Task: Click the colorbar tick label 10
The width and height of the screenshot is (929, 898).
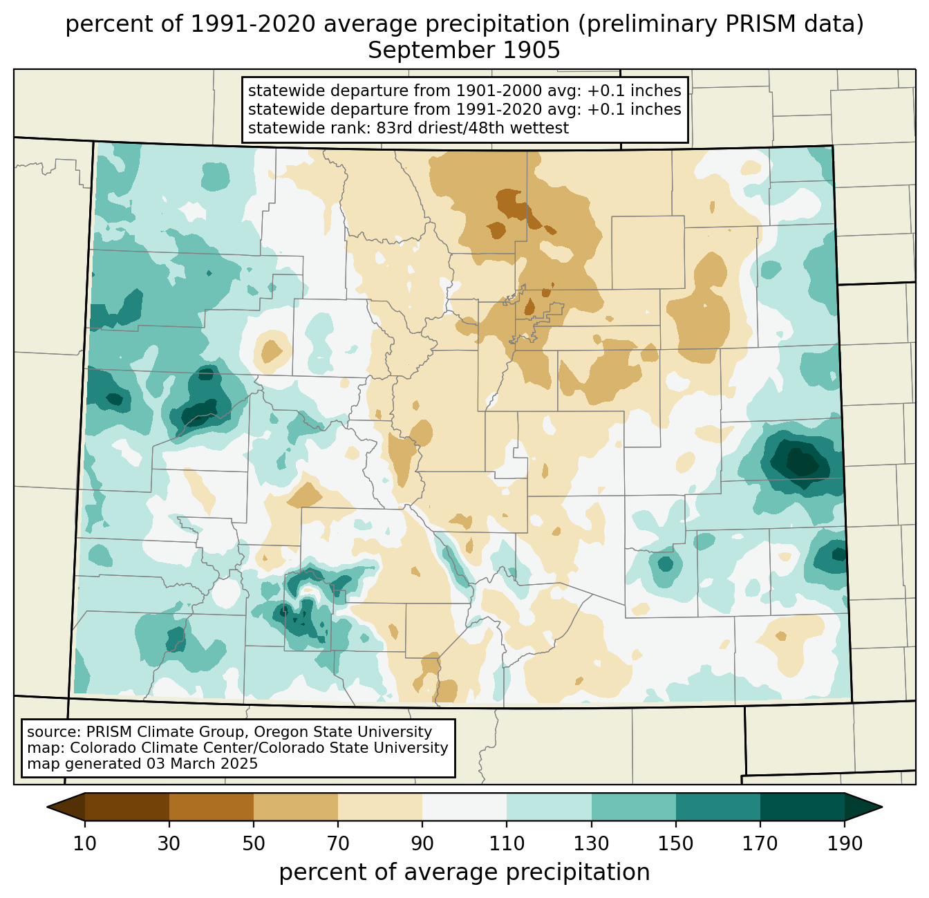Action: [84, 843]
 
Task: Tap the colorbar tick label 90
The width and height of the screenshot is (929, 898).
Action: [422, 843]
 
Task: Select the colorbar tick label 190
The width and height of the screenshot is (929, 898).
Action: [845, 843]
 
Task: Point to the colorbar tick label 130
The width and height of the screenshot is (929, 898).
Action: [591, 843]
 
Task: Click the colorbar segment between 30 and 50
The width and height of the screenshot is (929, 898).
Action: [212, 807]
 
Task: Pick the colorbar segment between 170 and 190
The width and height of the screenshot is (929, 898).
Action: [803, 807]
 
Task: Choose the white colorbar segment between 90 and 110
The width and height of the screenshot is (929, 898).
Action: [464, 807]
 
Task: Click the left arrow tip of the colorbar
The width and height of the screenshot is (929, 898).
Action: [47, 807]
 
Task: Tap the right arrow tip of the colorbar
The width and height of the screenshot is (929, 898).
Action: [882, 807]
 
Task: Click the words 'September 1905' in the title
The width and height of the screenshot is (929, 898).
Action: [464, 50]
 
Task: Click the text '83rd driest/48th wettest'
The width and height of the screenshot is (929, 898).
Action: [473, 128]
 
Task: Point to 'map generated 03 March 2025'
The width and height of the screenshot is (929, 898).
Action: [142, 763]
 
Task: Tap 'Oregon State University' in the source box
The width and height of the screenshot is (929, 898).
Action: [343, 732]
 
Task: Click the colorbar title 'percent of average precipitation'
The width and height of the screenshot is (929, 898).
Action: [464, 872]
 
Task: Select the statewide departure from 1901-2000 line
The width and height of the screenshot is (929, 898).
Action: [464, 91]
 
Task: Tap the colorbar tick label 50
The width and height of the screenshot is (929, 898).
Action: [254, 843]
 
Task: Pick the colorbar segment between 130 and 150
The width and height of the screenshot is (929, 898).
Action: [633, 807]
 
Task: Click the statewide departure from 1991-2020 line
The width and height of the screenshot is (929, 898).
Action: [464, 109]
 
